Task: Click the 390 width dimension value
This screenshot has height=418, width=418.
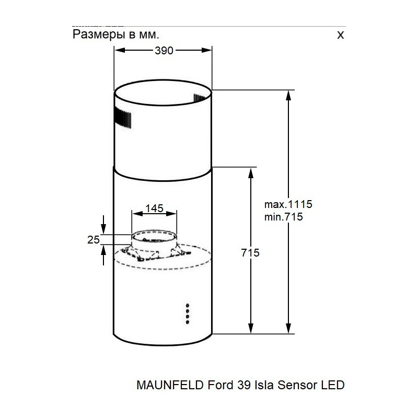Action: point(164,51)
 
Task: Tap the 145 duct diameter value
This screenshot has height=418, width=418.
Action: point(154,208)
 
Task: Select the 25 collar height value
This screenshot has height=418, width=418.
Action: point(94,240)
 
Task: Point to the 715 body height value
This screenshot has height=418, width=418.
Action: point(250,253)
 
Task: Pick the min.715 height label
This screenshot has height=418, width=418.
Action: point(284,216)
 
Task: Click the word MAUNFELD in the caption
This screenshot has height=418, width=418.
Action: point(164,386)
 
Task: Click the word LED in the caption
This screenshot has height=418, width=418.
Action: point(333,386)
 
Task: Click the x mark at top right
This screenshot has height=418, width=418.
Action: point(341,35)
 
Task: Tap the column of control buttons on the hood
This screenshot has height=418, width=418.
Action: point(186,313)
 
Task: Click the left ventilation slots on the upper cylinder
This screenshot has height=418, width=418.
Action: point(122,118)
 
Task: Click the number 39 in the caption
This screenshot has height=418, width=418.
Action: point(237,386)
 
